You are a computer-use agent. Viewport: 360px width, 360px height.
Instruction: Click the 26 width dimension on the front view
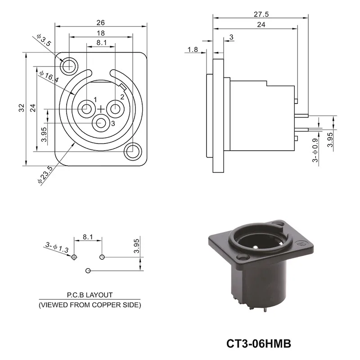coord(100,22)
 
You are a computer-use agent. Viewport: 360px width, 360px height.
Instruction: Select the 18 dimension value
coord(100,33)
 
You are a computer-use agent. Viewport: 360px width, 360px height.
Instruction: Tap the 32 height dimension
coord(21,108)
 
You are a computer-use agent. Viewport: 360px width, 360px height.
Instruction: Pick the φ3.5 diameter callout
coord(44,43)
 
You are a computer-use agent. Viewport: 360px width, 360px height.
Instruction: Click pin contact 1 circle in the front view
coord(85,108)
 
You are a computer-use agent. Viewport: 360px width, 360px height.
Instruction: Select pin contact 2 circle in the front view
coord(116,108)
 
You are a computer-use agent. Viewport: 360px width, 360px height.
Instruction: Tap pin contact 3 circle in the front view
coord(100,122)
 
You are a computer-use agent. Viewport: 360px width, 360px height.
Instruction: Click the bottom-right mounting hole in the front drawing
coord(133,151)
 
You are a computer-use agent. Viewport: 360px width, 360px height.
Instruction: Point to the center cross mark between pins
coord(101,108)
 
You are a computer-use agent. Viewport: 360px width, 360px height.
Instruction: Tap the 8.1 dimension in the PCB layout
coord(88,236)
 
